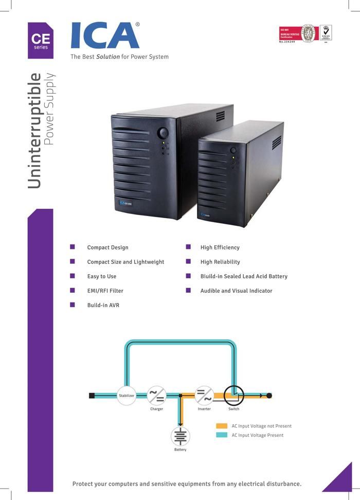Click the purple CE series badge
click(41, 40)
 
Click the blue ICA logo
click(105, 35)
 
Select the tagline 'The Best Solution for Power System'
click(119, 57)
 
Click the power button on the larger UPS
click(163, 133)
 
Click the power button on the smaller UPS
click(233, 150)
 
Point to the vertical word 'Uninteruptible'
click(34, 131)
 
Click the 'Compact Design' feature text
click(107, 247)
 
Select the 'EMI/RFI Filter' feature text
click(105, 291)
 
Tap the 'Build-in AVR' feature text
click(103, 305)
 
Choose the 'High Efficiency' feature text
click(220, 247)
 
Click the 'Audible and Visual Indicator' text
click(236, 291)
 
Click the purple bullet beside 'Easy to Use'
click(73, 276)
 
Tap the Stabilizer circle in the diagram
click(127, 395)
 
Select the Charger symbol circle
click(156, 396)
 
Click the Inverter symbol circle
click(204, 396)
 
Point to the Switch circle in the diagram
click(234, 395)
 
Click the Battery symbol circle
click(181, 437)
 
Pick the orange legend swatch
click(222, 426)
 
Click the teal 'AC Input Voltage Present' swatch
click(222, 435)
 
